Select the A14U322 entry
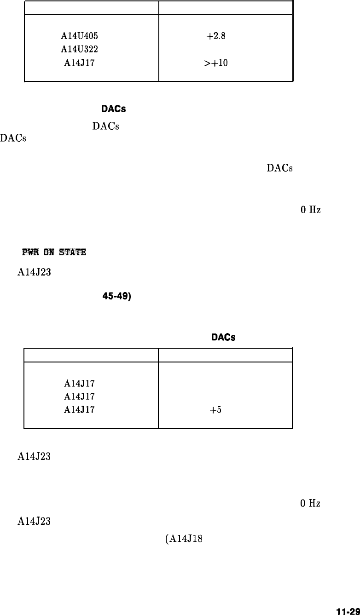79,49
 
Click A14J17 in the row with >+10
80,63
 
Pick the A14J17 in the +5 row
80,410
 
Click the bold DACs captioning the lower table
223,338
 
